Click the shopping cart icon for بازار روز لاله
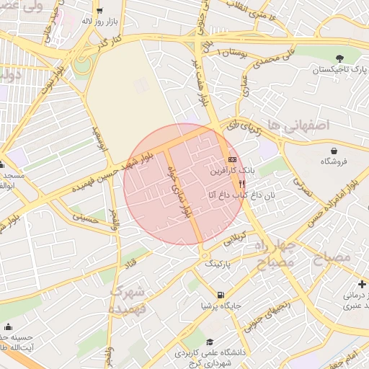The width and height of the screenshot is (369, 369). pyautogui.click(x=99, y=11)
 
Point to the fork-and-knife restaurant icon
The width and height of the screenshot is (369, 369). pyautogui.click(x=231, y=184)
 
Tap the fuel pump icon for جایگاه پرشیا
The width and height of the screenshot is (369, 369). pyautogui.click(x=220, y=294)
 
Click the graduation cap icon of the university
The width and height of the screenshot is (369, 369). pyautogui.click(x=210, y=342)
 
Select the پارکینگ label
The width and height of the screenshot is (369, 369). pyautogui.click(x=220, y=264)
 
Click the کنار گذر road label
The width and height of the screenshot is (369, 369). pyautogui.click(x=113, y=45)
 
